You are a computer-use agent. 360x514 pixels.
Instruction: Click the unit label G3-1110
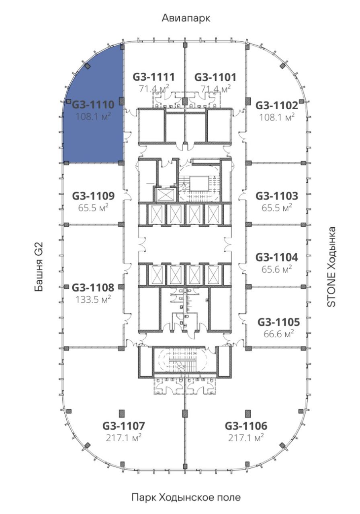coord(93,105)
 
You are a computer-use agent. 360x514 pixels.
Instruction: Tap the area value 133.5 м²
coord(93,300)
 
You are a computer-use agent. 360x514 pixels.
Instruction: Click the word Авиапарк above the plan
coord(186,18)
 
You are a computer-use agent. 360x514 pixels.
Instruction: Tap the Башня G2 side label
coord(39,267)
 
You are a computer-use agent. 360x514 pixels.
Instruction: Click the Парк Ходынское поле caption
coord(186,498)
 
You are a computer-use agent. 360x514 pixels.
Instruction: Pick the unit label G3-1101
coord(215,77)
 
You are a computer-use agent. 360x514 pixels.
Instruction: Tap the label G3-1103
coord(277,196)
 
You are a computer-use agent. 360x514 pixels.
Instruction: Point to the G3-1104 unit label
coord(277,257)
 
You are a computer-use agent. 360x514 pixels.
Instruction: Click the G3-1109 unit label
coord(93,196)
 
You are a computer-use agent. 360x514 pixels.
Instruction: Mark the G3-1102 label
coord(277,106)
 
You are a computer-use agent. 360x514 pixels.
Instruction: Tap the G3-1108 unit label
coord(93,288)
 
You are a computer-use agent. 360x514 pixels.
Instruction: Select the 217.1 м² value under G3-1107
coord(123,438)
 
